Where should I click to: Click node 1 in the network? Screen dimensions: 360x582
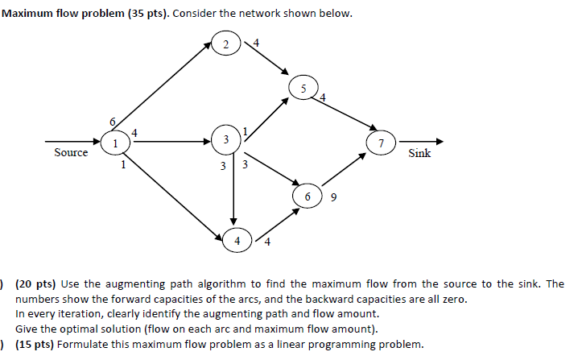114,143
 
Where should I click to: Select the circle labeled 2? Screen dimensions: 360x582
226,43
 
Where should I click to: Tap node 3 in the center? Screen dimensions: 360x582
226,140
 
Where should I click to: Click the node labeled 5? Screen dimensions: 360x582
303,88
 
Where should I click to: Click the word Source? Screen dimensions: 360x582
71,153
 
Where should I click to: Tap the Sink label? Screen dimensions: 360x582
419,153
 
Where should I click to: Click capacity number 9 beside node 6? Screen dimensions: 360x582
332,197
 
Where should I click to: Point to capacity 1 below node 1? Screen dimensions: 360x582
122,166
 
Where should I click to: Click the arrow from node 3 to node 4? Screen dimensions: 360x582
233,189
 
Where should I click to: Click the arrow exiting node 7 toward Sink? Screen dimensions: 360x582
419,141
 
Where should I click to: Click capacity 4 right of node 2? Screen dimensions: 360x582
256,41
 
